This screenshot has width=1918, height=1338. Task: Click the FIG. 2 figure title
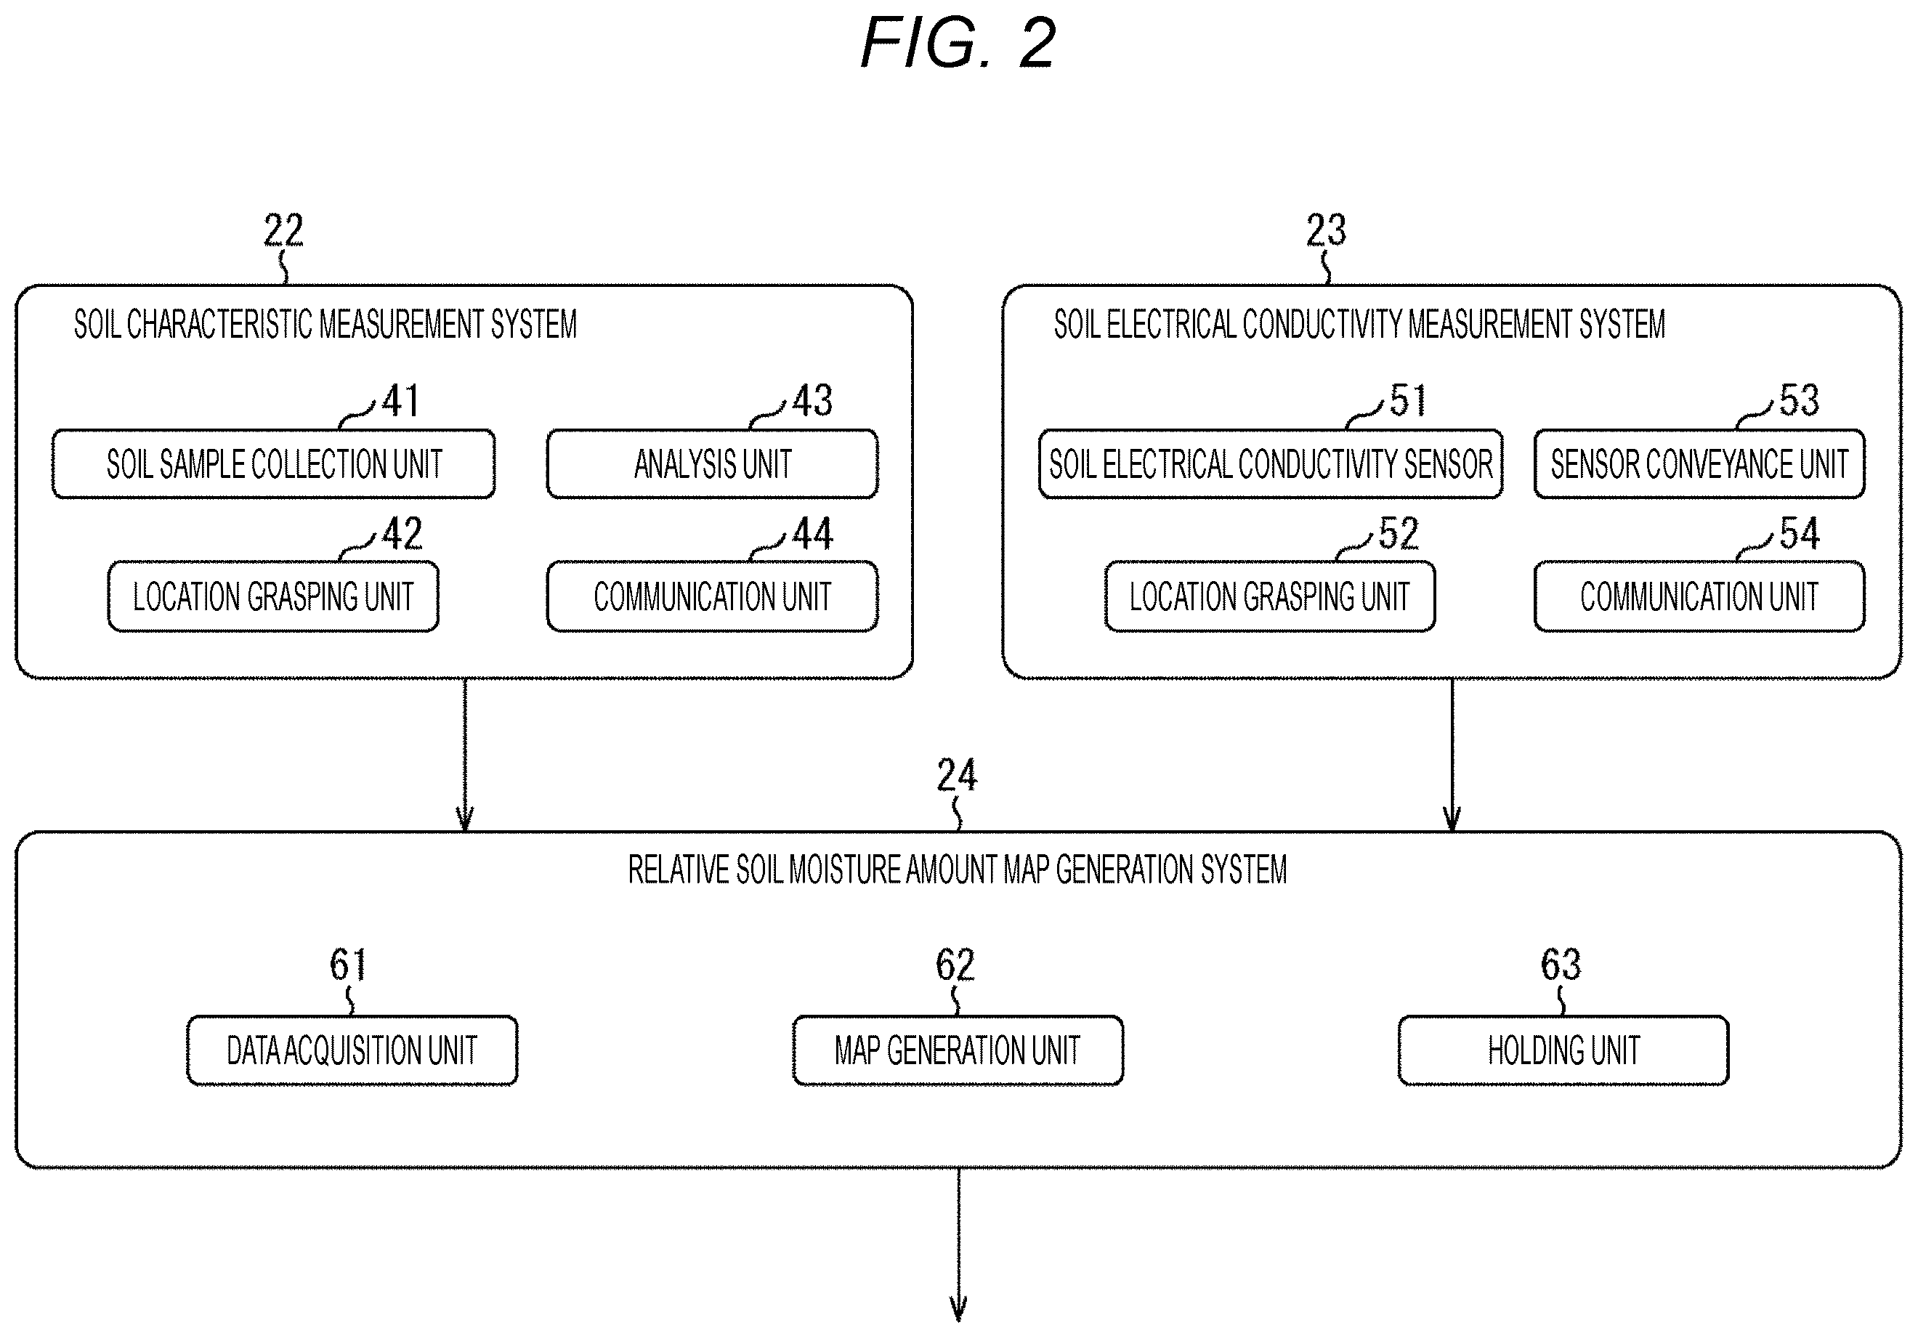958,43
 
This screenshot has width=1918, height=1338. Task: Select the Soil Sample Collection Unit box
273,464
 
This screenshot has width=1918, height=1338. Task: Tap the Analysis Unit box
712,464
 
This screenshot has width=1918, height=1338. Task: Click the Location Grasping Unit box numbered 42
273,596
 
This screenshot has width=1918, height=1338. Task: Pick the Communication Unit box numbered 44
712,596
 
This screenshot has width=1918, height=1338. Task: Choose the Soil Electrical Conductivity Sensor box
1270,464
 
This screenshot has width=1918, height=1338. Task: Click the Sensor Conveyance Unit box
1699,464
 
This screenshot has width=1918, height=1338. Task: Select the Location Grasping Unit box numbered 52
1270,596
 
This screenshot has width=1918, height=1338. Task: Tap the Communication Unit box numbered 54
1699,596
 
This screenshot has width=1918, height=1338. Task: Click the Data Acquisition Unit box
352,1050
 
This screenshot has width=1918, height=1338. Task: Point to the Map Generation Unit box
958,1050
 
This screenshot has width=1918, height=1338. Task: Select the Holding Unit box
1563,1050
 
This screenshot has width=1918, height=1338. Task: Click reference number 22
283,230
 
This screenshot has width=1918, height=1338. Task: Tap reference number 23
1326,230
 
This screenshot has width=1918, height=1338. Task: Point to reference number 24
957,775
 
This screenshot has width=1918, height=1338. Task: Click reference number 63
1561,965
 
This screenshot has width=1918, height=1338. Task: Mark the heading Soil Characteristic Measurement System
325,324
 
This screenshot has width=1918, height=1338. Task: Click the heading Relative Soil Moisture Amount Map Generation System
958,869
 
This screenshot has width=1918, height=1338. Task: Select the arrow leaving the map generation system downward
958,1244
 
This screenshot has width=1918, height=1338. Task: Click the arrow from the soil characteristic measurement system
464,755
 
